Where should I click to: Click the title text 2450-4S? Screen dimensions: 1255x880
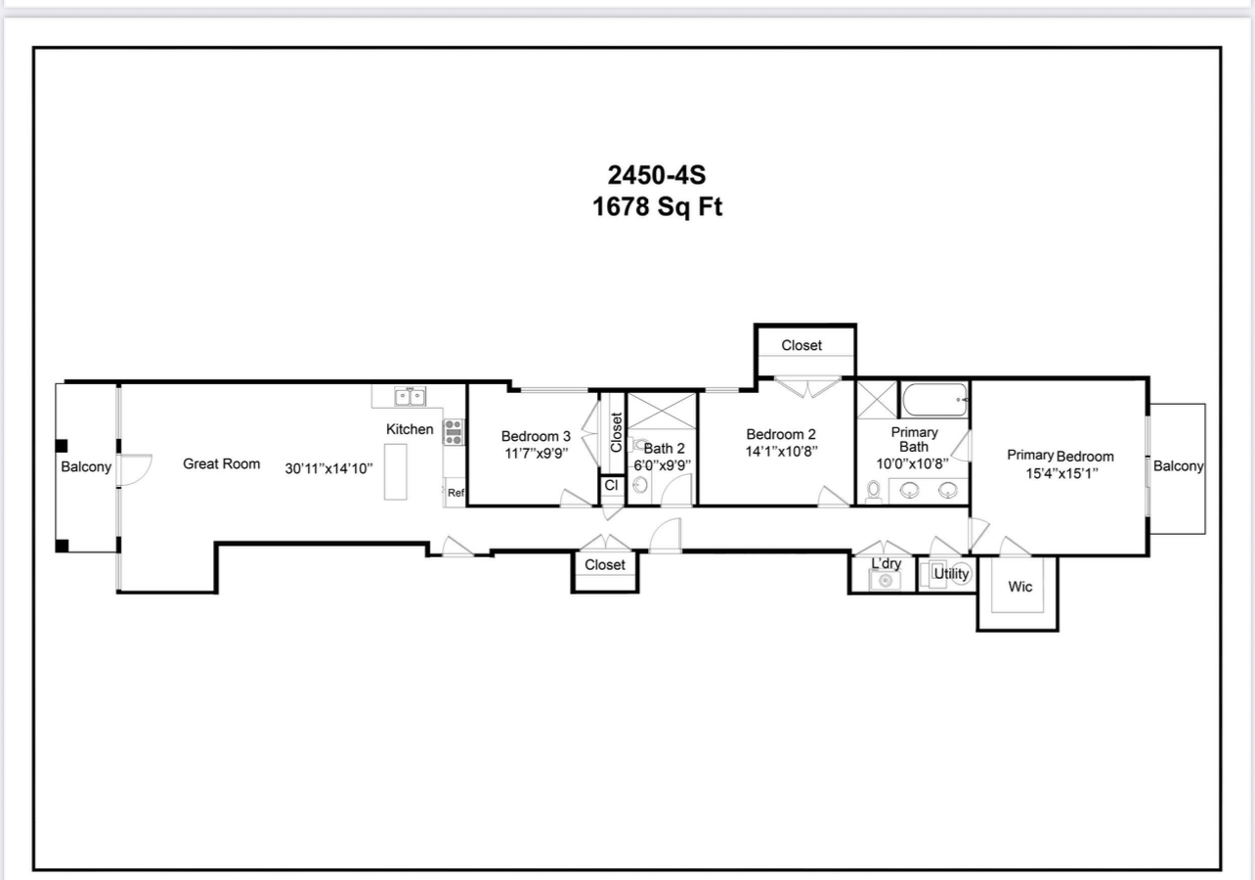tap(657, 175)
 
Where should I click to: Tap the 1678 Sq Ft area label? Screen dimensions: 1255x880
tap(657, 207)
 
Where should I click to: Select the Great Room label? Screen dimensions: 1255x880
tap(221, 463)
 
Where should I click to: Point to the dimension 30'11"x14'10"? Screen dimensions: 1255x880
tap(328, 468)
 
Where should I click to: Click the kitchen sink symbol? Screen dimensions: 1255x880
tap(411, 397)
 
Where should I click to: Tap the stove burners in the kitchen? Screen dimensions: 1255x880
tap(454, 433)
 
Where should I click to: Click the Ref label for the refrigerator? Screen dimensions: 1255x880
tap(455, 493)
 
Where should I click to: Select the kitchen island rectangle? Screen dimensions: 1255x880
tap(396, 471)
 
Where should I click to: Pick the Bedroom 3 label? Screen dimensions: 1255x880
tap(536, 436)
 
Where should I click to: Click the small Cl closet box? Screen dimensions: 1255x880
tap(612, 486)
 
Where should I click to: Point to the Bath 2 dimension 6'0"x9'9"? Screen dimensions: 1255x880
tap(663, 465)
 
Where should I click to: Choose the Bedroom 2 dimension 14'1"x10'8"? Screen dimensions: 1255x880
tap(781, 451)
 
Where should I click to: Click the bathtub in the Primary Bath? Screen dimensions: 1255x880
tap(934, 400)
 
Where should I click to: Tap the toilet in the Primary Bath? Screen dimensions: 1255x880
tap(873, 491)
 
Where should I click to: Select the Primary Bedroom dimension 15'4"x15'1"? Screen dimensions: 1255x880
tap(1061, 473)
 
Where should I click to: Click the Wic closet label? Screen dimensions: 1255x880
tap(1019, 587)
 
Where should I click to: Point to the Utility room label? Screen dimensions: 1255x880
tap(951, 573)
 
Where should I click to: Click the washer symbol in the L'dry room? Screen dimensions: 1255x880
tap(886, 580)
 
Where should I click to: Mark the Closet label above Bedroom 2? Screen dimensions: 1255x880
tap(801, 345)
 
